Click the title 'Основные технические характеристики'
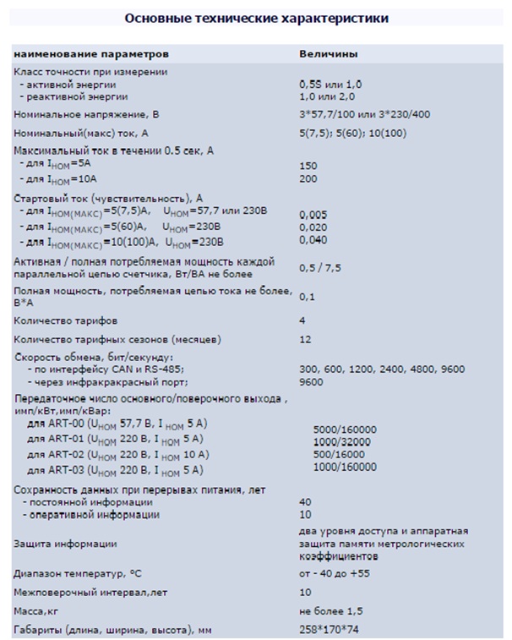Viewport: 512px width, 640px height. pyautogui.click(x=257, y=17)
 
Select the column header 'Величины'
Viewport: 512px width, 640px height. pyautogui.click(x=328, y=53)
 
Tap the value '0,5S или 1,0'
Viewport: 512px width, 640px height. pyautogui.click(x=330, y=85)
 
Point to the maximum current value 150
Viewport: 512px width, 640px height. pyautogui.click(x=308, y=167)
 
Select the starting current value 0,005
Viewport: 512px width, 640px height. pyautogui.click(x=313, y=216)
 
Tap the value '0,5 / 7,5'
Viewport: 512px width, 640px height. pyautogui.click(x=320, y=268)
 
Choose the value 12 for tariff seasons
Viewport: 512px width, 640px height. pyautogui.click(x=306, y=339)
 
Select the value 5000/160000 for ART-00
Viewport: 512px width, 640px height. pyautogui.click(x=345, y=429)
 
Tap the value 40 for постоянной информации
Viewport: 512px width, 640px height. pyautogui.click(x=305, y=502)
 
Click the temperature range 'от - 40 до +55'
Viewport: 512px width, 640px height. pyautogui.click(x=335, y=573)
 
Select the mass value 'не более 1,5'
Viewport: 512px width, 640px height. pyautogui.click(x=330, y=610)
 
